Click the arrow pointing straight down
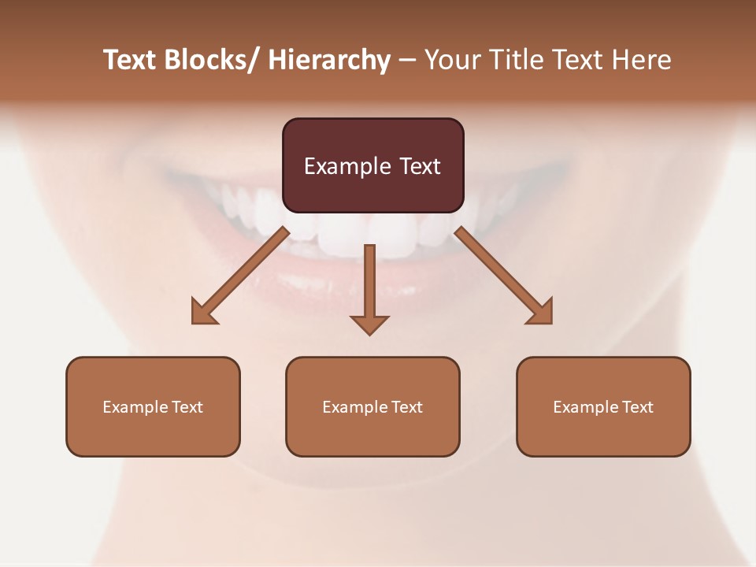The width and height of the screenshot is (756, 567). (369, 283)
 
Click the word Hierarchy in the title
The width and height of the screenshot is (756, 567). (329, 61)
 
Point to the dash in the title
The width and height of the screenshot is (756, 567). (407, 61)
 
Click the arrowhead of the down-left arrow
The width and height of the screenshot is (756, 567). (203, 313)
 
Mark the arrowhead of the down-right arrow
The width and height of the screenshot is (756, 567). (541, 313)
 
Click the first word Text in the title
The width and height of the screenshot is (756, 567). (131, 61)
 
